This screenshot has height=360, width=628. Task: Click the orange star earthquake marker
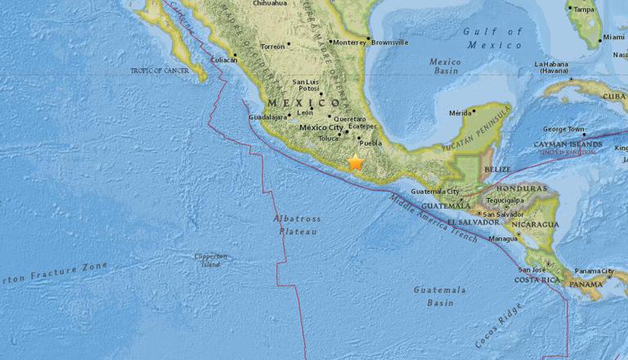(356, 162)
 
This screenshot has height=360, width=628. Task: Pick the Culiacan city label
(224, 60)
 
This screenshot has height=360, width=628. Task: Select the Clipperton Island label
(209, 259)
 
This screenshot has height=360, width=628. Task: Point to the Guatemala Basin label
(439, 295)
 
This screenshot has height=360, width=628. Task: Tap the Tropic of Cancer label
(159, 70)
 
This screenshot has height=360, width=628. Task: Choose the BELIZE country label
(496, 169)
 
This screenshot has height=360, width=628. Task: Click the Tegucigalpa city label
(505, 198)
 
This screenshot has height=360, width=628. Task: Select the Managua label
(502, 239)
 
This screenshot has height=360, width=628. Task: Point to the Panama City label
(594, 271)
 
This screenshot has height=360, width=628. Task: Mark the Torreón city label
(273, 47)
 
